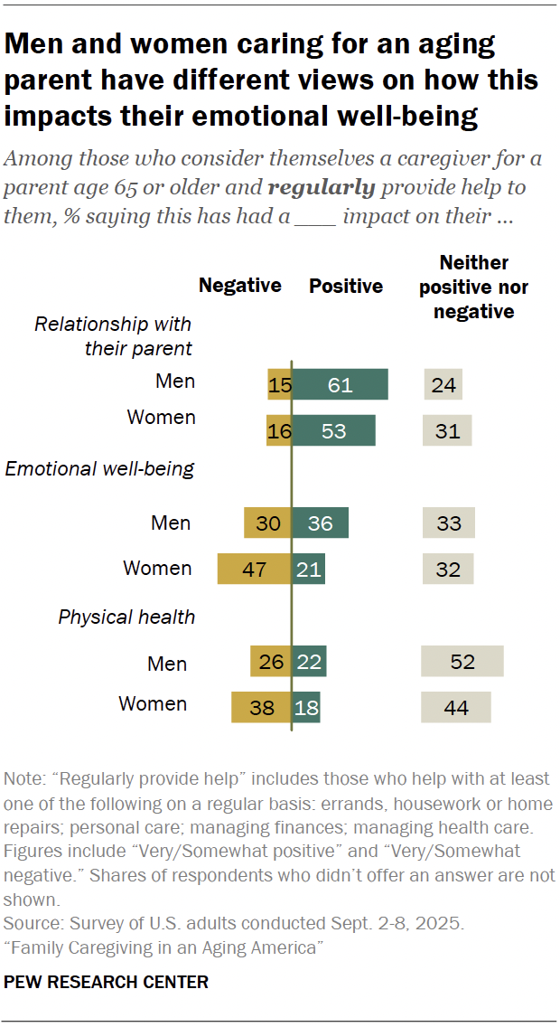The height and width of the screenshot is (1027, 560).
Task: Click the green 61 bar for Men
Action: pyautogui.click(x=340, y=384)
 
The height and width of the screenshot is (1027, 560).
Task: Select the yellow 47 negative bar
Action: pyautogui.click(x=254, y=569)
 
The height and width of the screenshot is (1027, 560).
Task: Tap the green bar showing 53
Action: pyautogui.click(x=333, y=430)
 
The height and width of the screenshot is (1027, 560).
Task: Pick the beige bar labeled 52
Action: pyautogui.click(x=462, y=662)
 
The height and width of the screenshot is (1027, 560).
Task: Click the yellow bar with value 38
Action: pyautogui.click(x=261, y=707)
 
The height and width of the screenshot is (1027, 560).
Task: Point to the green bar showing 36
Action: pyautogui.click(x=320, y=523)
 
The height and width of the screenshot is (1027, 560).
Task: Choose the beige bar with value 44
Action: pyautogui.click(x=456, y=707)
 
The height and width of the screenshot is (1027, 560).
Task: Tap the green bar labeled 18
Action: pyautogui.click(x=306, y=707)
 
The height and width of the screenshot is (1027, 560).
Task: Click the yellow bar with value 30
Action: pyautogui.click(x=267, y=523)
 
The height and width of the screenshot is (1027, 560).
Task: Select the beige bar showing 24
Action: pyautogui.click(x=443, y=384)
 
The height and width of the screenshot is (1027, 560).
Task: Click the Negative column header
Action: pyautogui.click(x=239, y=286)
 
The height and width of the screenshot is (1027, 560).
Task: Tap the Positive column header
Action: pyautogui.click(x=346, y=286)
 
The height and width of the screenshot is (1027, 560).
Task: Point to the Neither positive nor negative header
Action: pyautogui.click(x=474, y=287)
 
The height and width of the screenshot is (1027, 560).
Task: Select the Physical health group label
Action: pyautogui.click(x=126, y=617)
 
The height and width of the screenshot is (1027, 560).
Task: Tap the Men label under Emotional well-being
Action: pyautogui.click(x=171, y=522)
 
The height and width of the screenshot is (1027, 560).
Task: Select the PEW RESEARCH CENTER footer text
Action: pyautogui.click(x=107, y=981)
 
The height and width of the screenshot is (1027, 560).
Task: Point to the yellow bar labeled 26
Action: pyautogui.click(x=271, y=662)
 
